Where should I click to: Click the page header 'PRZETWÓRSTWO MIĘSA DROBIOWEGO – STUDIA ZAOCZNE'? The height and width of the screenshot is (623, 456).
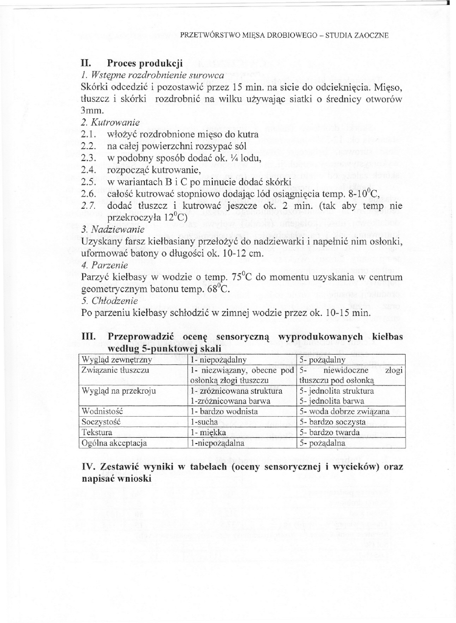(x=284, y=35)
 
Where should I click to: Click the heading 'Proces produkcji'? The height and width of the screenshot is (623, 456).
(x=145, y=63)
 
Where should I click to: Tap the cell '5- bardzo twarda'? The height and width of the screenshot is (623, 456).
(x=330, y=433)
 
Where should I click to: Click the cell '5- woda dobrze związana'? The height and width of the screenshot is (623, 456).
(x=344, y=411)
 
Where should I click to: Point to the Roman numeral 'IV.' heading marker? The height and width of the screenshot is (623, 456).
(x=89, y=467)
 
